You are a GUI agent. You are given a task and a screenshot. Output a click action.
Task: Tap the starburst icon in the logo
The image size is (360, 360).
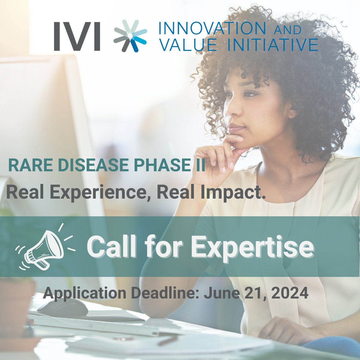(130, 36)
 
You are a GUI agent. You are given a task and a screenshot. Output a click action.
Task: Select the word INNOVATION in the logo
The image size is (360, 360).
(212, 28)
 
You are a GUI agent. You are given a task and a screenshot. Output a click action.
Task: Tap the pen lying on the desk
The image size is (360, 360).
(168, 340)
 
